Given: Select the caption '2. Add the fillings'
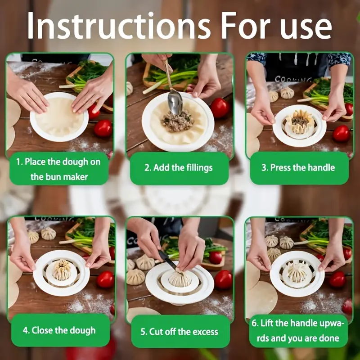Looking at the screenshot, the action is coord(179,168).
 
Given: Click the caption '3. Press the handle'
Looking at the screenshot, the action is coord(298,167).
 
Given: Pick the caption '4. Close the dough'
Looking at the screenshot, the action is coord(59,330).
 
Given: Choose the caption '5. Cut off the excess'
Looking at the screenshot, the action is coord(179,332).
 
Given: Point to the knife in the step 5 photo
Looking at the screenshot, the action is coord(167,260).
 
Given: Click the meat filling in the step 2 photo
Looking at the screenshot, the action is coord(178,121).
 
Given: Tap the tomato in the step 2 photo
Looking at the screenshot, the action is coord(220,108).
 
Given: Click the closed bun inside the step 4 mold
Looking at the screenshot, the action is coord(62,270).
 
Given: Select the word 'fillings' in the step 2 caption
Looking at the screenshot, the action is coord(199,168).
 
